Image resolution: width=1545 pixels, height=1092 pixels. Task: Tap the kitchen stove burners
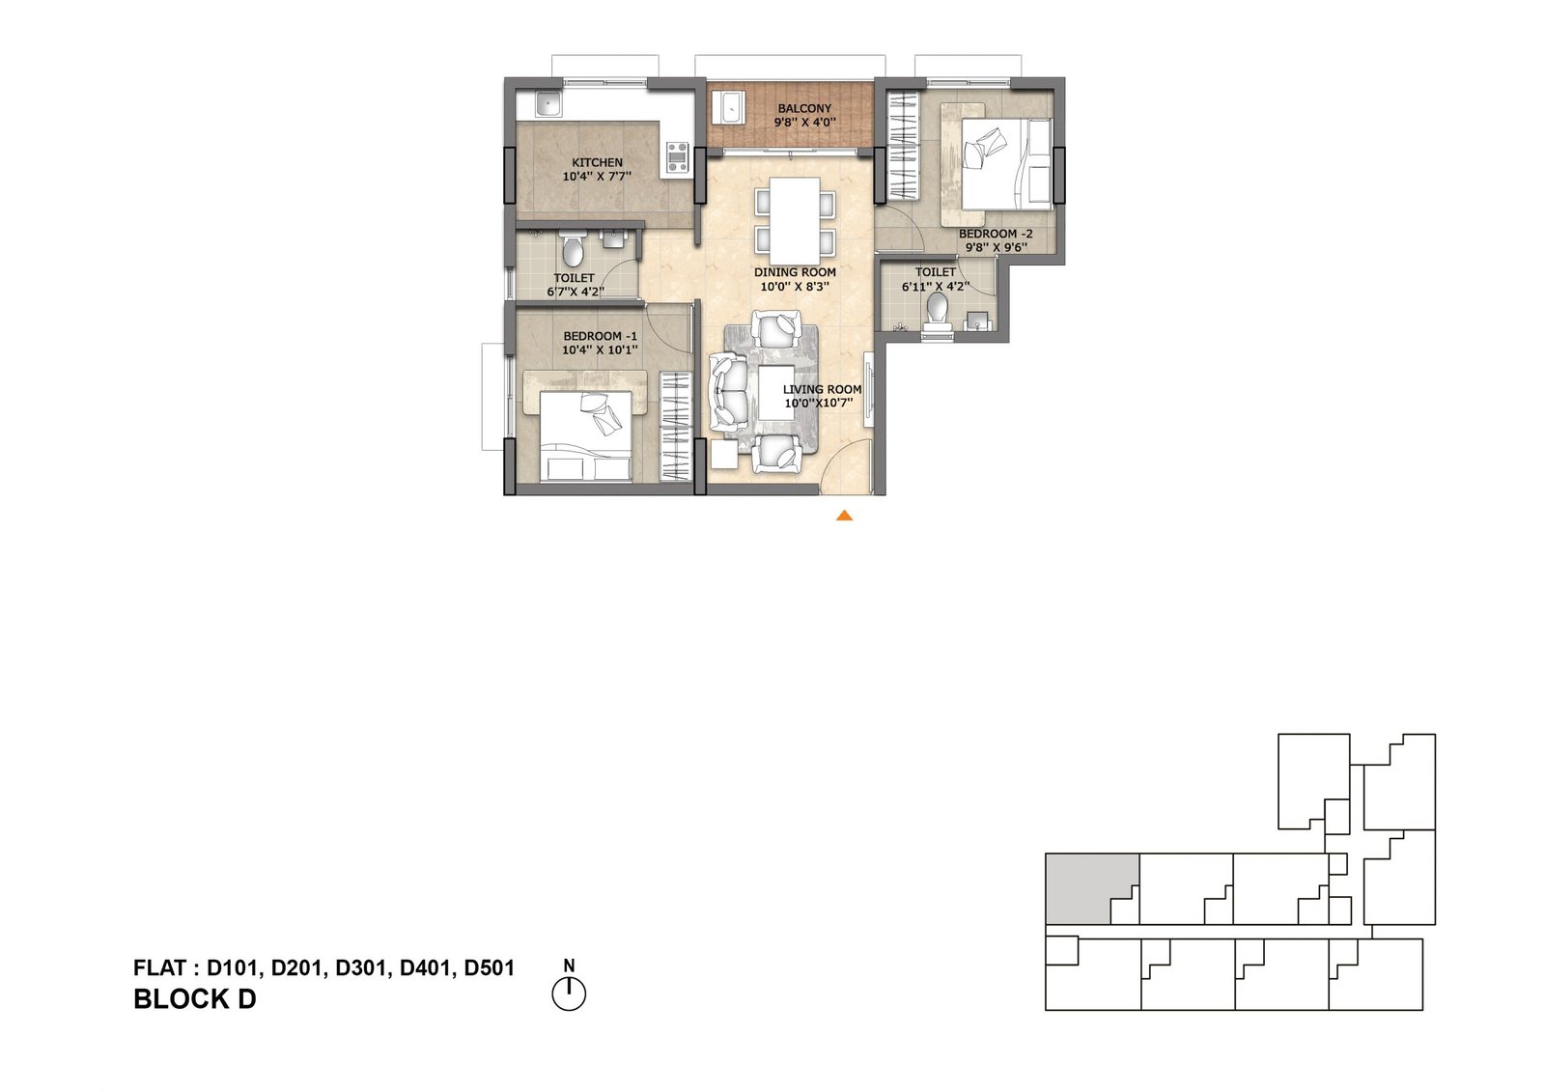coord(195,158)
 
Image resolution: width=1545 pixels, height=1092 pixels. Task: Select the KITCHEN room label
coord(598,163)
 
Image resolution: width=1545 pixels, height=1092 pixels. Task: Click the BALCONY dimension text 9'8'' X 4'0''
coord(805,123)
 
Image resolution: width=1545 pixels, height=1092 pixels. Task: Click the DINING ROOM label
coord(795,272)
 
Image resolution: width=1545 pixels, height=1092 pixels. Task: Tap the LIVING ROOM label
coord(822,390)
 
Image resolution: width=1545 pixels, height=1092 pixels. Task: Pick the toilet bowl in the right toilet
coord(937,308)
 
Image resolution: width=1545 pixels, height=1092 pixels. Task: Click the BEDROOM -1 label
coord(600,337)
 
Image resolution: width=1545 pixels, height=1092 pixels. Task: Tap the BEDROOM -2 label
coord(996,235)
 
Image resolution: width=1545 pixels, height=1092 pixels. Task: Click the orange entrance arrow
coord(844,516)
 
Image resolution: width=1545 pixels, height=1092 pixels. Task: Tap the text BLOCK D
coord(194,999)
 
